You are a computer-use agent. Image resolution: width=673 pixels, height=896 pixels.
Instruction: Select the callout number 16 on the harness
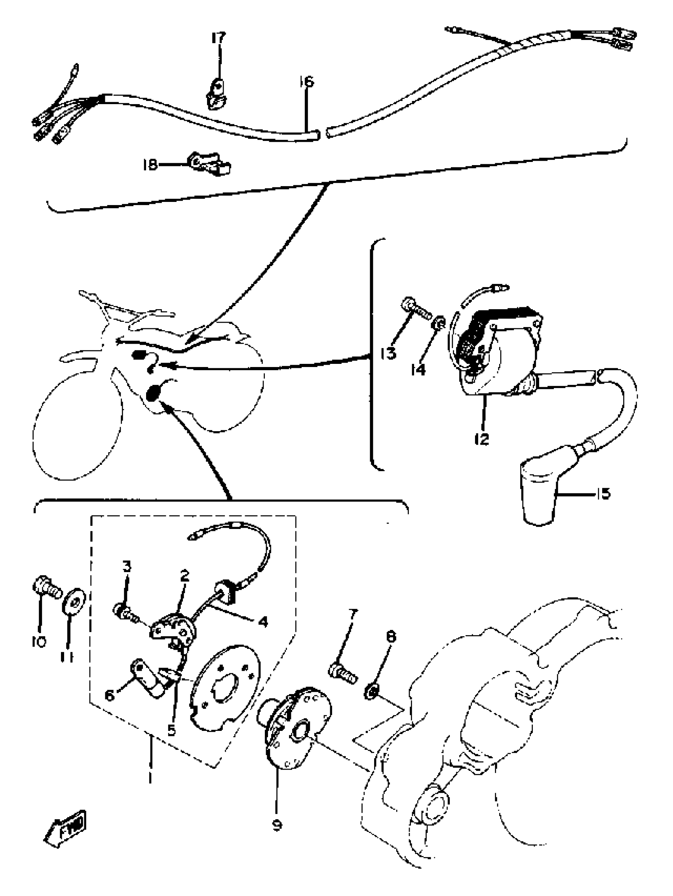306,82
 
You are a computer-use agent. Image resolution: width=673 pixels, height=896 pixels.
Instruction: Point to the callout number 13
388,353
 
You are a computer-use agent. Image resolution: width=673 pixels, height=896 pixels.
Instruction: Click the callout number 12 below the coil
482,439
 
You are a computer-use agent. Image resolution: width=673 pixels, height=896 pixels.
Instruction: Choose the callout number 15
603,494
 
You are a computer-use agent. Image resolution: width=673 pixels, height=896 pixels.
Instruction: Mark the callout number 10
39,641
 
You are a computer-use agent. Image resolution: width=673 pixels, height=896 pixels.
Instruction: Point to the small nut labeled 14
440,322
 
